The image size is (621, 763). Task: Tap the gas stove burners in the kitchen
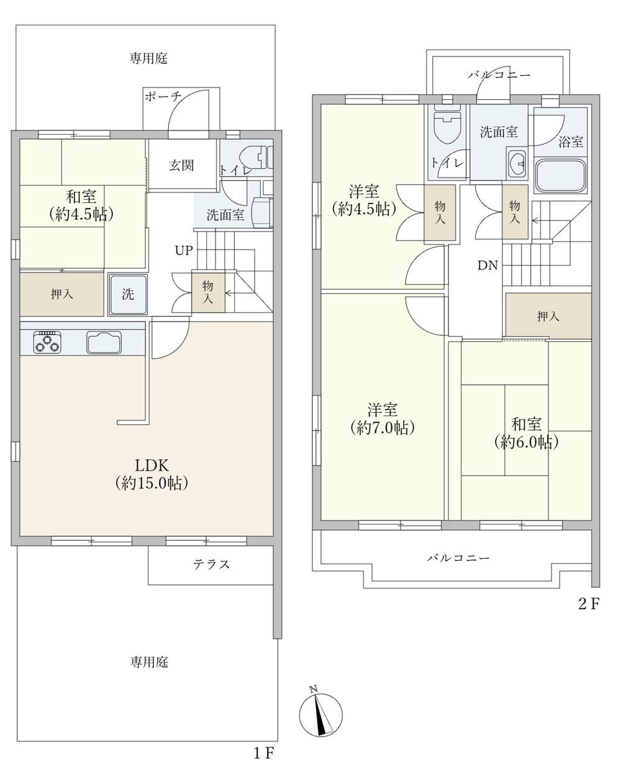pos(47,343)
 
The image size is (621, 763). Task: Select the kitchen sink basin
pos(104,343)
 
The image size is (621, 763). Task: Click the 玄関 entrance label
pos(181,166)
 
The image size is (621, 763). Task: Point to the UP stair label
pos(184,250)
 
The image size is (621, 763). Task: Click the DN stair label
pos(487,266)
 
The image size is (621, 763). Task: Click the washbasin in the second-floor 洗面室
pos(517,164)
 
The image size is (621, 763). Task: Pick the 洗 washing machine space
pos(128,294)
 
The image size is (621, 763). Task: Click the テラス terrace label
pos(211,564)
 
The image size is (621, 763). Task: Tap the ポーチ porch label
pos(163,96)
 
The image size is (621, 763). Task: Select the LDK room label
pos(152,466)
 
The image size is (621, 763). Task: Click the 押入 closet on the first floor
pos(61,294)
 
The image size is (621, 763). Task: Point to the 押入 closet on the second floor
pos(548,316)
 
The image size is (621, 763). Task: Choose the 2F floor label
pos(589,604)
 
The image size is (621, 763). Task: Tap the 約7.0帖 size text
pos(383,428)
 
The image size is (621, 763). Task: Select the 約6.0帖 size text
pos(526,443)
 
